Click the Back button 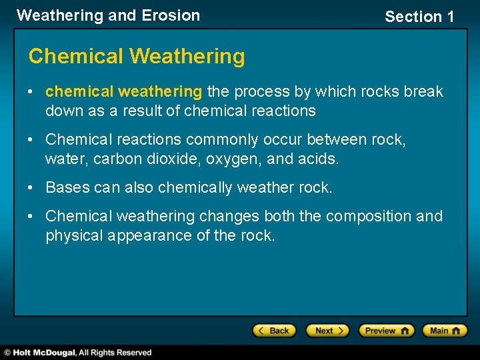[x=274, y=331]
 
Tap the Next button [x=327, y=331]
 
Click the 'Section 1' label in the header [x=419, y=17]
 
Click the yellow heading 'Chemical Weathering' [x=137, y=57]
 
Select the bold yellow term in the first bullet [x=123, y=91]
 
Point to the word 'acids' [x=319, y=159]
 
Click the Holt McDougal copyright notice [x=77, y=353]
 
